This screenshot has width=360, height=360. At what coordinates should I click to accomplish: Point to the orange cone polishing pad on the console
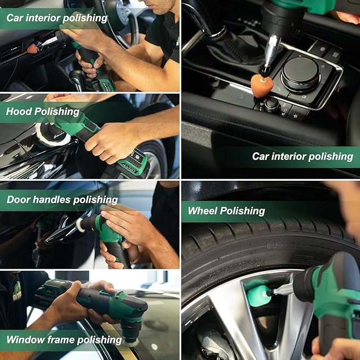[x=261, y=85]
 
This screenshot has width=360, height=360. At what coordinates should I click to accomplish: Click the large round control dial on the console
[x=300, y=74]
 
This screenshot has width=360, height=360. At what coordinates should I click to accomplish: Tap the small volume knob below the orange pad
[x=272, y=104]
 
